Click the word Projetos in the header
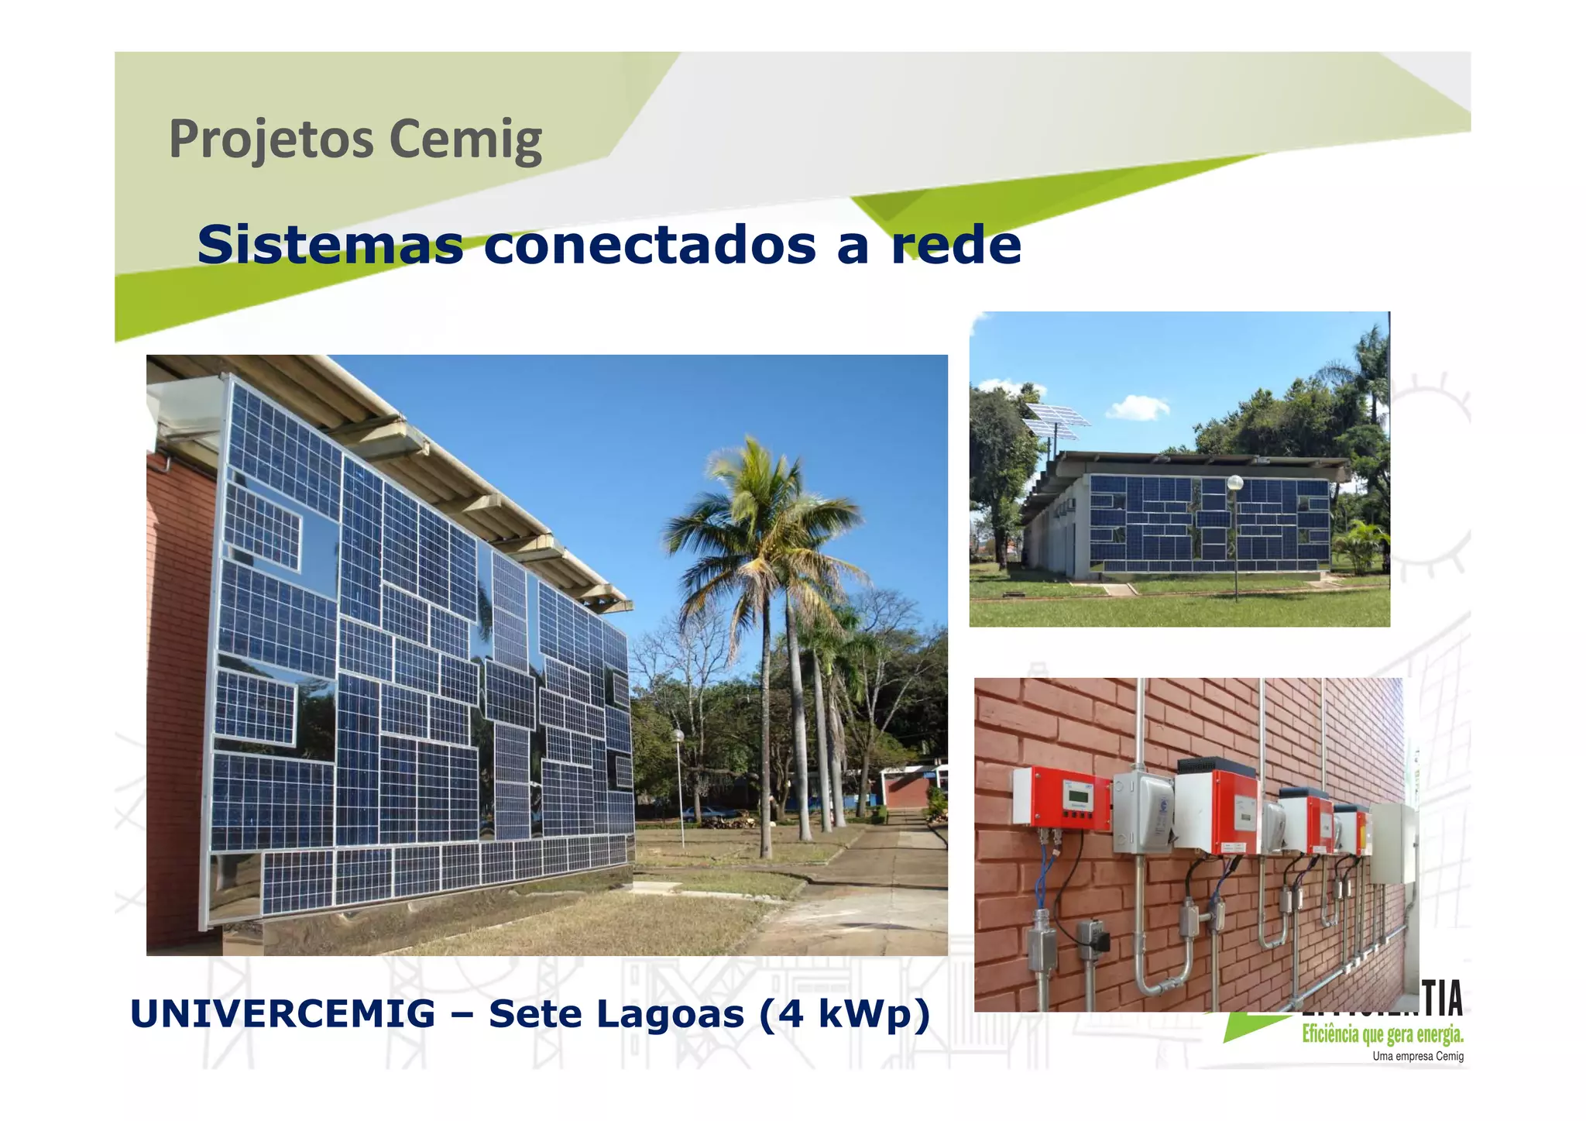pyautogui.click(x=271, y=139)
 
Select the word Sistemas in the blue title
pyautogui.click(x=330, y=245)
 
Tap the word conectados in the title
pyautogui.click(x=650, y=245)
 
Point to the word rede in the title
pyautogui.click(x=956, y=245)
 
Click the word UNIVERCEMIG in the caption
pyautogui.click(x=283, y=1014)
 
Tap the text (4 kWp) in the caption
pyautogui.click(x=844, y=1014)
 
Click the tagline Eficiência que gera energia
pyautogui.click(x=1382, y=1034)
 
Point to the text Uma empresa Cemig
pyautogui.click(x=1417, y=1057)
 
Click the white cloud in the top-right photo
pyautogui.click(x=1138, y=407)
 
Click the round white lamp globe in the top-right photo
pyautogui.click(x=1235, y=483)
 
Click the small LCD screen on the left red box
pyautogui.click(x=1077, y=794)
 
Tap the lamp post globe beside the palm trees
pyautogui.click(x=678, y=734)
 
